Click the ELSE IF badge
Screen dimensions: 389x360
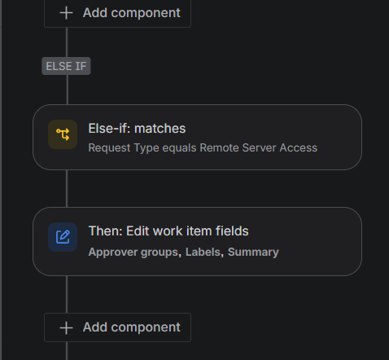pos(66,66)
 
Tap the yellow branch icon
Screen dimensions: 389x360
pos(63,134)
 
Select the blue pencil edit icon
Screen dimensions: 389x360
pos(63,237)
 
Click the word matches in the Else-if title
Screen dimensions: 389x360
pos(160,129)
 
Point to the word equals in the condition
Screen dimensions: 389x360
pos(179,148)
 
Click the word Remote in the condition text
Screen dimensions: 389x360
pos(219,148)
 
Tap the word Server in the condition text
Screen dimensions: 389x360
pos(259,148)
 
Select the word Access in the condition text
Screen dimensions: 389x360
pos(299,148)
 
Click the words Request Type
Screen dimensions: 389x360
pos(124,148)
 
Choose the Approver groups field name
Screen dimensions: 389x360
pos(133,252)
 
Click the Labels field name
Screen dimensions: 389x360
pos(203,252)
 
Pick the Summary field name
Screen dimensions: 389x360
pos(253,252)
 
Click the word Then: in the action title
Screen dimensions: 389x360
pos(106,231)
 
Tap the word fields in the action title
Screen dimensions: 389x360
pos(232,231)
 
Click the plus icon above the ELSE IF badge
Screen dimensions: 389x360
pos(66,13)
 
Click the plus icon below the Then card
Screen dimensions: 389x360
pos(66,327)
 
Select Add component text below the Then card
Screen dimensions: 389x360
pos(132,327)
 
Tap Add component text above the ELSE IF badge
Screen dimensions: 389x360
pos(132,13)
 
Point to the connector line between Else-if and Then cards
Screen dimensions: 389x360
pos(67,189)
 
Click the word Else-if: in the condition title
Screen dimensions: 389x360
pos(110,129)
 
